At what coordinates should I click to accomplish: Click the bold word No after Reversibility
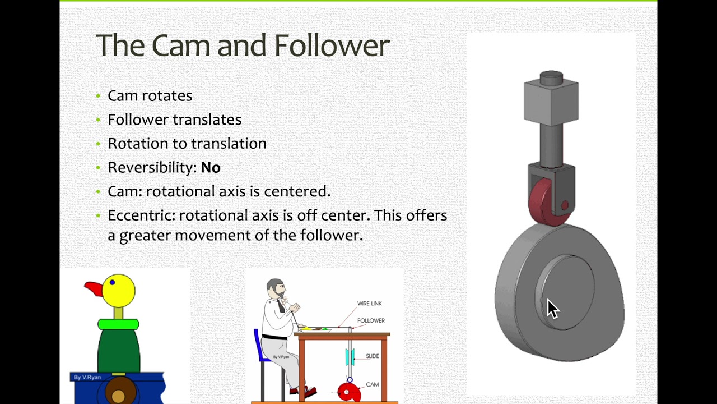coord(211,168)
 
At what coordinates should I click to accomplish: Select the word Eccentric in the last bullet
coord(141,215)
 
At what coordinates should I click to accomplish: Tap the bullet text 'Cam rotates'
coord(150,96)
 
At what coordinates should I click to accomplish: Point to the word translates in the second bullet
coord(207,120)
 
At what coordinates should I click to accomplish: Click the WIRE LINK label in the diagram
coord(369,304)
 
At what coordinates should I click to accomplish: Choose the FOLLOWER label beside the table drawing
coord(371,320)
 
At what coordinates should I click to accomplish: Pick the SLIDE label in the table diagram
coord(373,356)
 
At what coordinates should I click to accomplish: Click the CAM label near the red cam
coord(372,384)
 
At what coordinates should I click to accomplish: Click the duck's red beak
coord(94,289)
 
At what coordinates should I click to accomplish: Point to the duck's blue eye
coord(113,282)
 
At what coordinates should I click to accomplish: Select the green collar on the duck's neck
coord(118,324)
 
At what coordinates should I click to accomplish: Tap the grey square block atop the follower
coord(551,100)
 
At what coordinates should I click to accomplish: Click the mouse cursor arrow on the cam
coord(552,309)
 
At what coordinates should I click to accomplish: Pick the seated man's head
coord(275,289)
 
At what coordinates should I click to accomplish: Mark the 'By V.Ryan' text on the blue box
coord(87,377)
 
